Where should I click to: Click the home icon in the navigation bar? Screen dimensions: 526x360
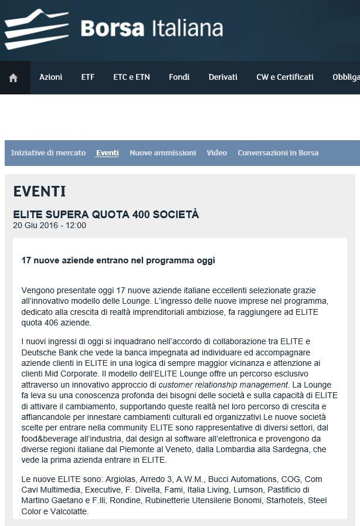(13, 77)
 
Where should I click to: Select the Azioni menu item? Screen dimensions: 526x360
(51, 77)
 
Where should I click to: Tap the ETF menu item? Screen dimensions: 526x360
(87, 77)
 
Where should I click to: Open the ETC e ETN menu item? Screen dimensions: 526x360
(131, 77)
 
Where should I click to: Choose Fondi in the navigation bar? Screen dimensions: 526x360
(179, 77)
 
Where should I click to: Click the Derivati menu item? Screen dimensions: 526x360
(223, 77)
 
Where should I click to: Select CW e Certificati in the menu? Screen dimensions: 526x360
(285, 77)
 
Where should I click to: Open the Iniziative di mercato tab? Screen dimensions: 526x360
(48, 153)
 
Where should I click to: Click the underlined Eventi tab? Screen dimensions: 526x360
(107, 153)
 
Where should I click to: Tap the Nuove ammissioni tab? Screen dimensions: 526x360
(162, 153)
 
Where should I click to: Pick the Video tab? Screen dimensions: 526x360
(217, 153)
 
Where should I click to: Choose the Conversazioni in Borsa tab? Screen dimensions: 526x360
(278, 153)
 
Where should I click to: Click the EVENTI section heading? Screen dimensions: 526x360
(39, 192)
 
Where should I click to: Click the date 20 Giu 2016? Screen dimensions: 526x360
(35, 225)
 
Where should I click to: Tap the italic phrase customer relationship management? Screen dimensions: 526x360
(224, 385)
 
